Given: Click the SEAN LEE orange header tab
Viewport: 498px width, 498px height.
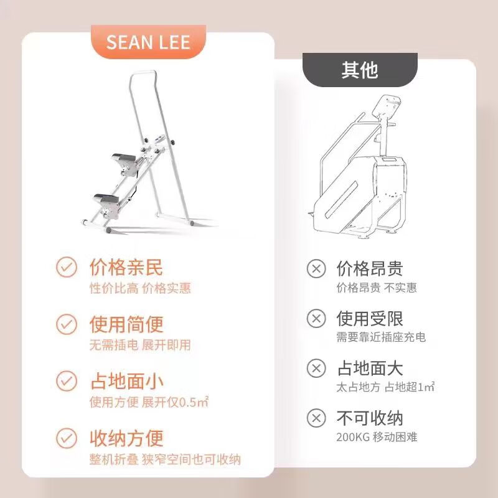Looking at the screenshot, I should click(148, 42).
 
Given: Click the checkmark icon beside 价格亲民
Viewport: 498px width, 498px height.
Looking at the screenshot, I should click(66, 268).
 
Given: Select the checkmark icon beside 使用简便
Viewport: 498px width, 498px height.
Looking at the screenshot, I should click(66, 324).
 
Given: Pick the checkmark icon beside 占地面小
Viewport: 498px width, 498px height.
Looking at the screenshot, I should click(66, 380).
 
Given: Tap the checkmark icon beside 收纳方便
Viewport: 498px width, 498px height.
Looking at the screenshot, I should click(66, 437).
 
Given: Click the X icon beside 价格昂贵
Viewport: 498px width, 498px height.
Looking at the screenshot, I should click(317, 268).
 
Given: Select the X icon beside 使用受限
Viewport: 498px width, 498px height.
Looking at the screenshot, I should click(317, 319).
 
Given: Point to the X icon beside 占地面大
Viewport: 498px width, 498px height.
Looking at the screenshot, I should click(317, 368).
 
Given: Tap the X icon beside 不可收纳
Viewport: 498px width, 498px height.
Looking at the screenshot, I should click(317, 418).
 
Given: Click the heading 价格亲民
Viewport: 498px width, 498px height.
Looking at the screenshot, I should click(126, 268).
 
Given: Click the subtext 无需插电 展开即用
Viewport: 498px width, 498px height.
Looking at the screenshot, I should click(140, 345).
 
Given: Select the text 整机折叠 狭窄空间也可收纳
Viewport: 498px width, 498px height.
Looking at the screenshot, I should click(165, 460).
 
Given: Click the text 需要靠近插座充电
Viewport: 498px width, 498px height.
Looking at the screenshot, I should click(381, 337).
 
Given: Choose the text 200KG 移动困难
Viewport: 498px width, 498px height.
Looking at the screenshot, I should click(377, 437).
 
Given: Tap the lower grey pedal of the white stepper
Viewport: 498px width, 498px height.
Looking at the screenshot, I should click(107, 199).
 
